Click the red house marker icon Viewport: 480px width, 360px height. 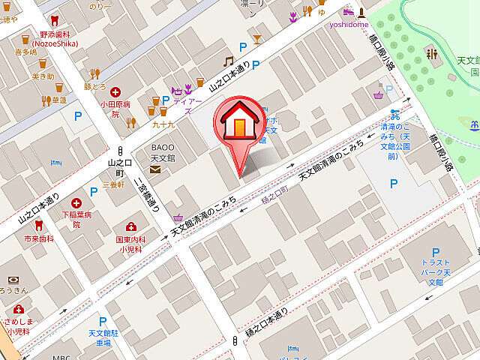[238, 121]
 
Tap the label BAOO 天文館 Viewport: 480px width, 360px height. [163, 153]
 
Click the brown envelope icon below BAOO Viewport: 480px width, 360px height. [154, 170]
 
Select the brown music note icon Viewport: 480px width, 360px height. [229, 61]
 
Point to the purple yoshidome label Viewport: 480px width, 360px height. [349, 24]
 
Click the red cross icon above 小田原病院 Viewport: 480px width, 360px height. [115, 92]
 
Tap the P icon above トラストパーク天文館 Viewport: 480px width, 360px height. [435, 253]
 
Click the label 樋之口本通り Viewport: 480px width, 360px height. [266, 322]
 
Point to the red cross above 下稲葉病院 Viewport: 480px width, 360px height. [76, 203]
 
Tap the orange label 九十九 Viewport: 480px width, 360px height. [163, 124]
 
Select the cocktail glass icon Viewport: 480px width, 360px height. [257, 38]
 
